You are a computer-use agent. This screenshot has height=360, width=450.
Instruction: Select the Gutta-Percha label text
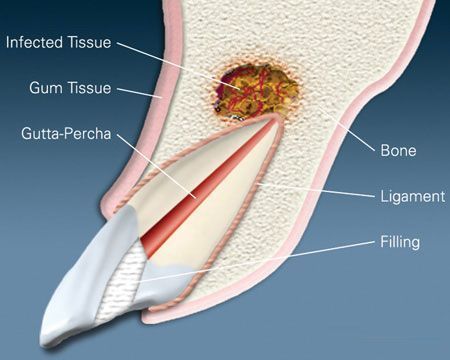(63, 132)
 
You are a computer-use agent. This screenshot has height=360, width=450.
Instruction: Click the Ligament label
(412, 196)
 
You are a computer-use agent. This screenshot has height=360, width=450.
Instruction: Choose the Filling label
(401, 242)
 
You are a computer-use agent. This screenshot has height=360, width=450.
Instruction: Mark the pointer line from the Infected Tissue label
(190, 66)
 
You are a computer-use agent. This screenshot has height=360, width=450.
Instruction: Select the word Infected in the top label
(37, 43)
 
